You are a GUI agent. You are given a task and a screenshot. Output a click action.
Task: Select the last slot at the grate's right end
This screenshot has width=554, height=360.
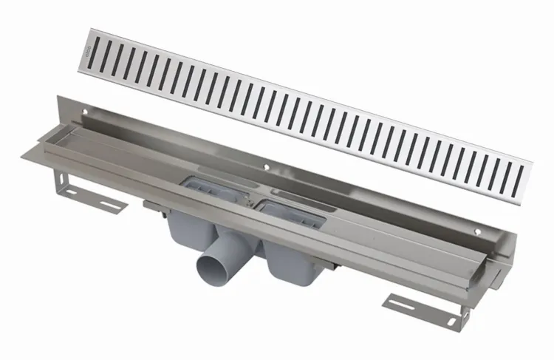pyautogui.click(x=521, y=177)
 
